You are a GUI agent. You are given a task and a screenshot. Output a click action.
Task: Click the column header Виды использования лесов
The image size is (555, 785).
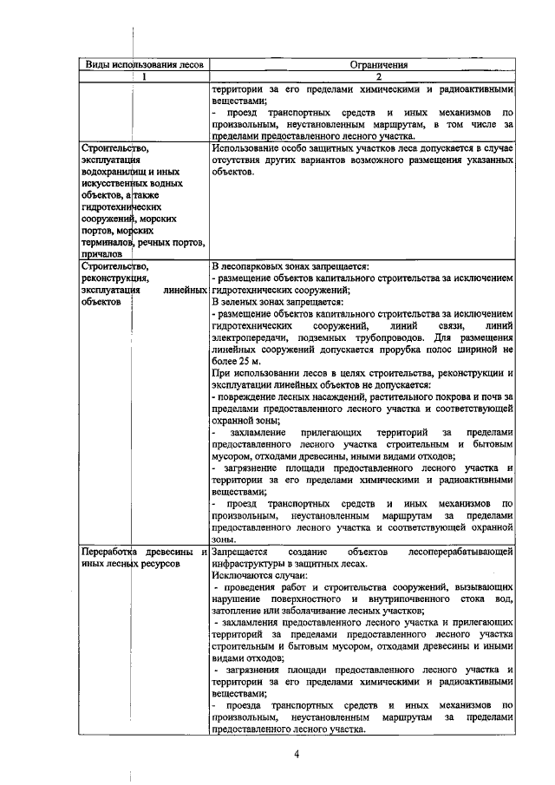[x=139, y=64]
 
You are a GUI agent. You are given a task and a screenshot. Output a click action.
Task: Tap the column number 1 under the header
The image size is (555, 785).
[x=139, y=76]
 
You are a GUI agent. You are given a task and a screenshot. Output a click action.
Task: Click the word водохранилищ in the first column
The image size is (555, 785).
[x=111, y=172]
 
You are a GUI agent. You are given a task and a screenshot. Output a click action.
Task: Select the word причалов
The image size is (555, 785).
[x=99, y=256]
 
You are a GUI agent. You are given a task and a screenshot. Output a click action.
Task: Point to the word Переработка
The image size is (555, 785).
[x=111, y=551]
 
